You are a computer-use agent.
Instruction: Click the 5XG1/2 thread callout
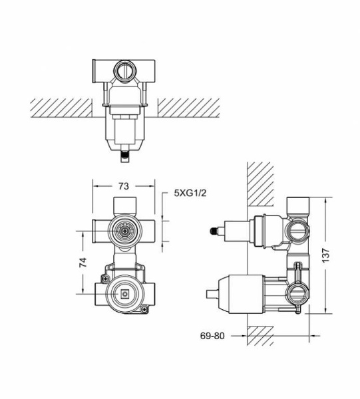[x=189, y=194]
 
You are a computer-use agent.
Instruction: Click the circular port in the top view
[x=124, y=70]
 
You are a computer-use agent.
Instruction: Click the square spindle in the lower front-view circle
[x=123, y=292]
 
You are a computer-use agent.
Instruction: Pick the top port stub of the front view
[x=123, y=204]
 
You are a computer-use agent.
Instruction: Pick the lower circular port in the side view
[x=296, y=292]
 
